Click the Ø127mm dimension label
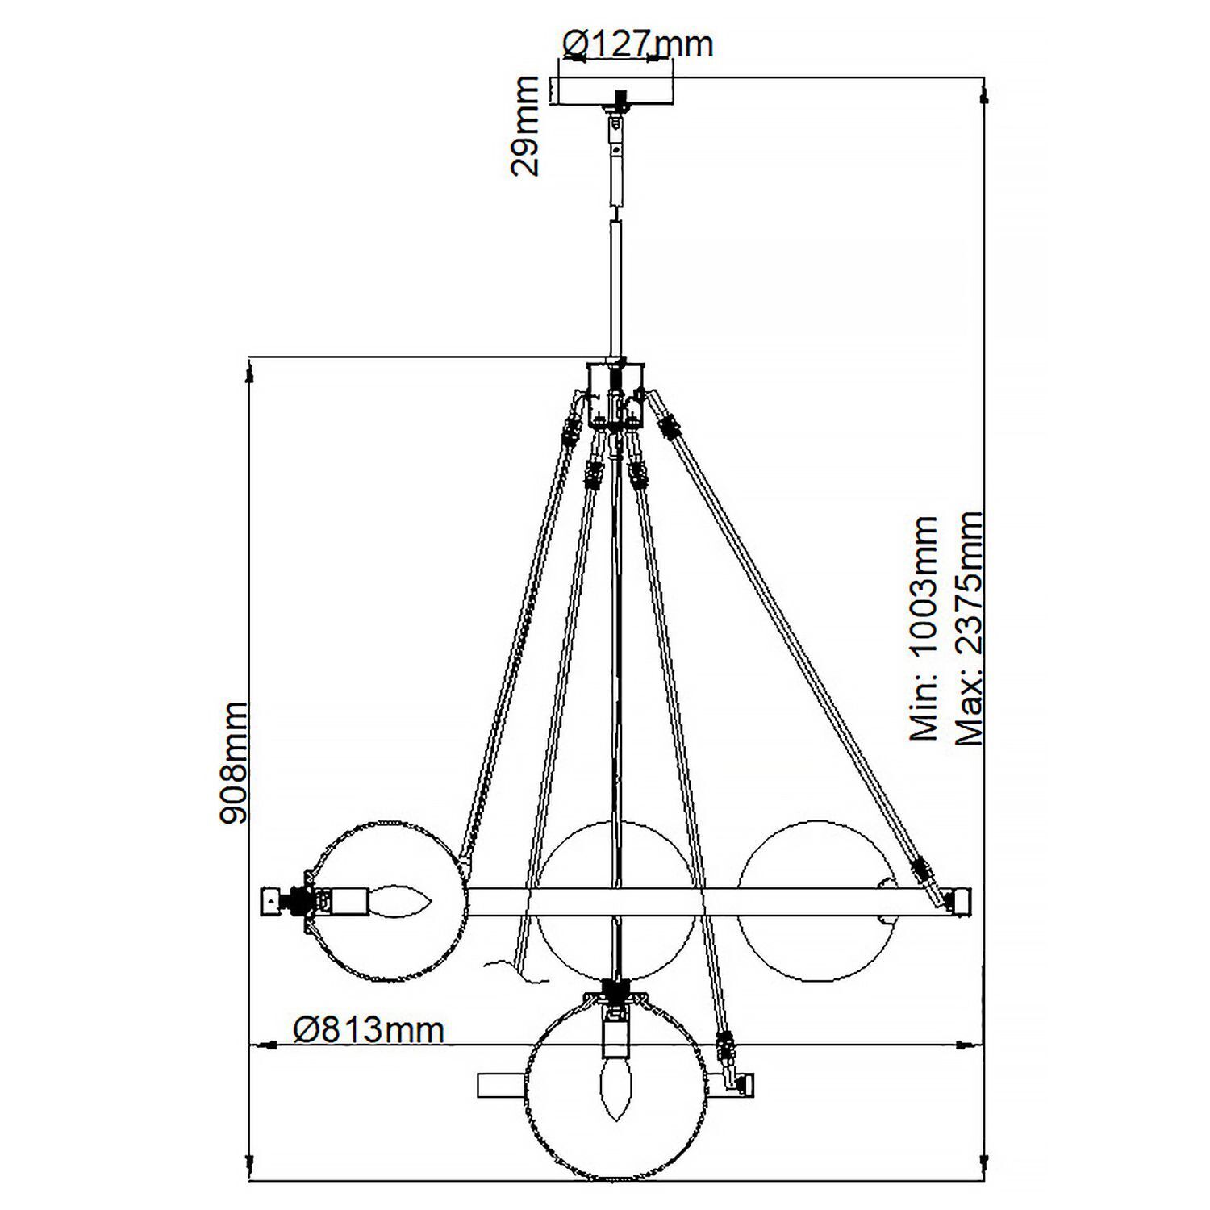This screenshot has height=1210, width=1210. pos(637,44)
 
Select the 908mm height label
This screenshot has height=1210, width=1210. pos(234,762)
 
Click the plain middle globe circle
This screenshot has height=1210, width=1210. pos(615,901)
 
